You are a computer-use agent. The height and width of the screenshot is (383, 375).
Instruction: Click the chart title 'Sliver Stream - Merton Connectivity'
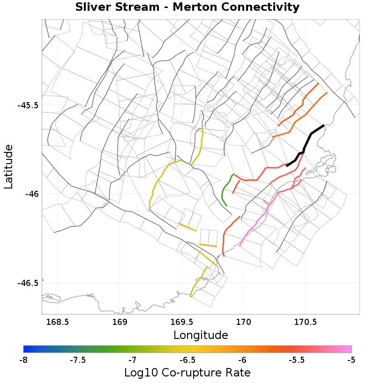187,8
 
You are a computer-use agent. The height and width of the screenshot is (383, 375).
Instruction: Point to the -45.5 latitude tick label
28,105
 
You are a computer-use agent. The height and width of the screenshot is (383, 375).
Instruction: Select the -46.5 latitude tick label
28,283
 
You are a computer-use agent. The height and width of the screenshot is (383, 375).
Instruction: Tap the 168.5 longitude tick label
58,323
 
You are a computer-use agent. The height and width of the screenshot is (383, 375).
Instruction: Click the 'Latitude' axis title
8,167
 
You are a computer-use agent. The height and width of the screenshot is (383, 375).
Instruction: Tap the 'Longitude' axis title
201,335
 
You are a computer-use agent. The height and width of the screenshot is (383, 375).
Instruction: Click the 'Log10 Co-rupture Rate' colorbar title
187,373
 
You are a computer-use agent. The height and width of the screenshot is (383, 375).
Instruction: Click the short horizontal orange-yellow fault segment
208,245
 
